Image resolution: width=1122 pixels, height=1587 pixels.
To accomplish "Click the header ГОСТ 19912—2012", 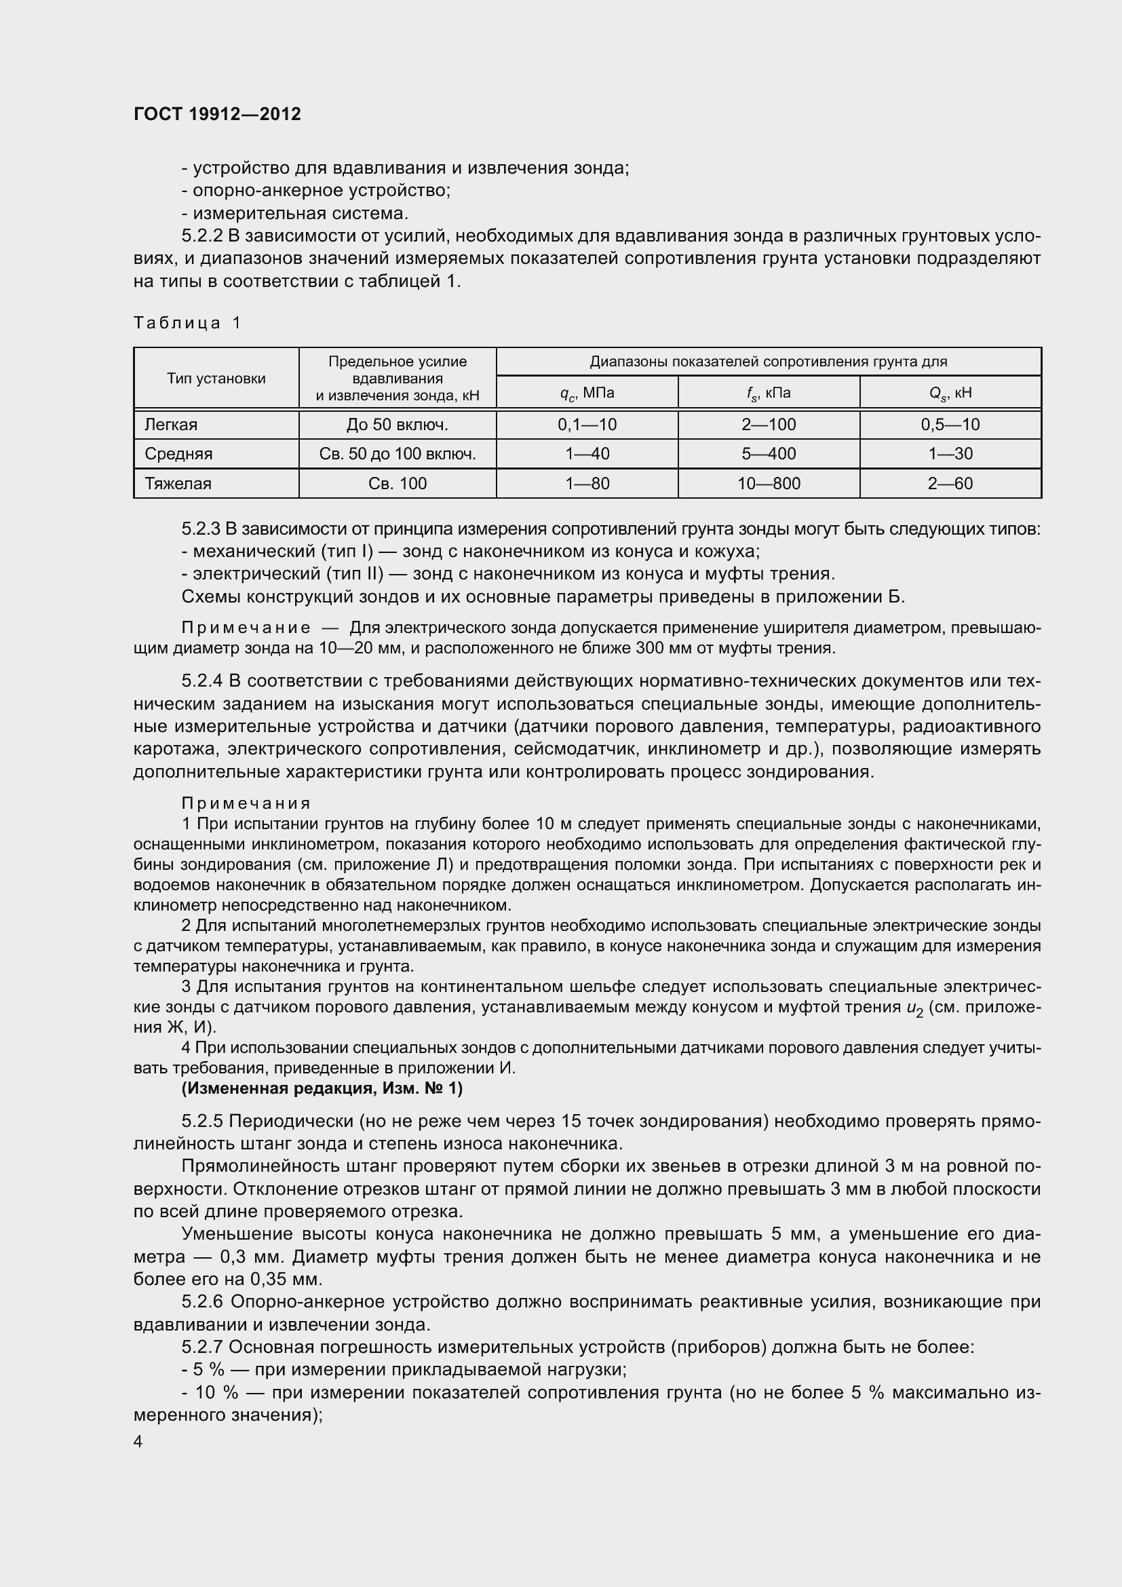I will (x=217, y=114).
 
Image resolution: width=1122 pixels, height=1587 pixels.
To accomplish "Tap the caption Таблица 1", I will (x=187, y=323).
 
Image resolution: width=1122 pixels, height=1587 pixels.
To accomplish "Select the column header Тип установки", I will (x=216, y=378).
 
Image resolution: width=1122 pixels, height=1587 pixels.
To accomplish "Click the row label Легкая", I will (x=171, y=424).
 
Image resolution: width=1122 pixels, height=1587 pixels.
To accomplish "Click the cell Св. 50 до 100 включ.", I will (x=398, y=454).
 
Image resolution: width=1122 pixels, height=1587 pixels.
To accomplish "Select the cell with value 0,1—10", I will (x=587, y=424).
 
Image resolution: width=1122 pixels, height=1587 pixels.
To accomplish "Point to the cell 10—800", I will (x=769, y=483).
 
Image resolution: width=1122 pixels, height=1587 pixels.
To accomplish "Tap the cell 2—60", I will (x=950, y=483).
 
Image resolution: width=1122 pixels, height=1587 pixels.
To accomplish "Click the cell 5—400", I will (x=769, y=454).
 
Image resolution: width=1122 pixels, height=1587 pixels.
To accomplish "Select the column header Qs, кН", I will (x=950, y=394).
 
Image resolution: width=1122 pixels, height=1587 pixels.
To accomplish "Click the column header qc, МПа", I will (x=587, y=394).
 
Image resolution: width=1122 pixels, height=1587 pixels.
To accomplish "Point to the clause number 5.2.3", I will (x=200, y=529).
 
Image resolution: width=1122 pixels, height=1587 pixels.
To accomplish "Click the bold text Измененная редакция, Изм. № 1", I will (x=322, y=1088).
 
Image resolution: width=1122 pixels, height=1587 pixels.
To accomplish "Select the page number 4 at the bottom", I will (x=138, y=1442).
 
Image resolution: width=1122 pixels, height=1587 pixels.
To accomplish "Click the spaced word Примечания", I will (x=246, y=803).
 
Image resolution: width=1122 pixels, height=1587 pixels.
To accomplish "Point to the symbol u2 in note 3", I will (x=914, y=1008).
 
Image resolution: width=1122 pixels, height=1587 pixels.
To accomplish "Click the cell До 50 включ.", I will (x=398, y=424).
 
